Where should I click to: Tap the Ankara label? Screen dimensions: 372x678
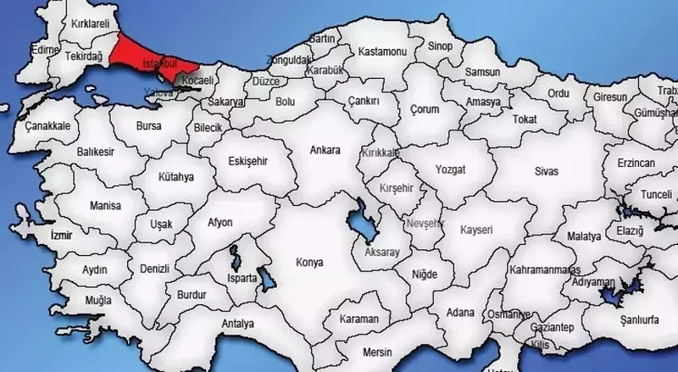pyautogui.click(x=325, y=151)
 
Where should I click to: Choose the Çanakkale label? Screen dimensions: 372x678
pyautogui.click(x=46, y=125)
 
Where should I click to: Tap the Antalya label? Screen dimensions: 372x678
pyautogui.click(x=236, y=324)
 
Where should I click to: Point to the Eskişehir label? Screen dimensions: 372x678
pyautogui.click(x=252, y=159)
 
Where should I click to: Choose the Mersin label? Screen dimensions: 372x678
pyautogui.click(x=378, y=351)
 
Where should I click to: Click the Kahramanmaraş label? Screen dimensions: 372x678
pyautogui.click(x=542, y=269)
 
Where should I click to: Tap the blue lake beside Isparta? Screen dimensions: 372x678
pyautogui.click(x=265, y=278)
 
